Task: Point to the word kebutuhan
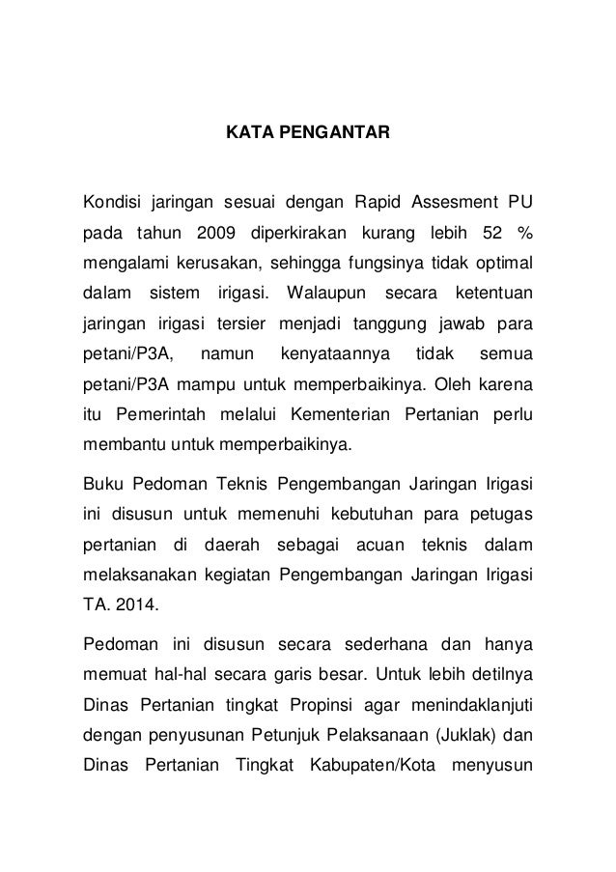point(392,517)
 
